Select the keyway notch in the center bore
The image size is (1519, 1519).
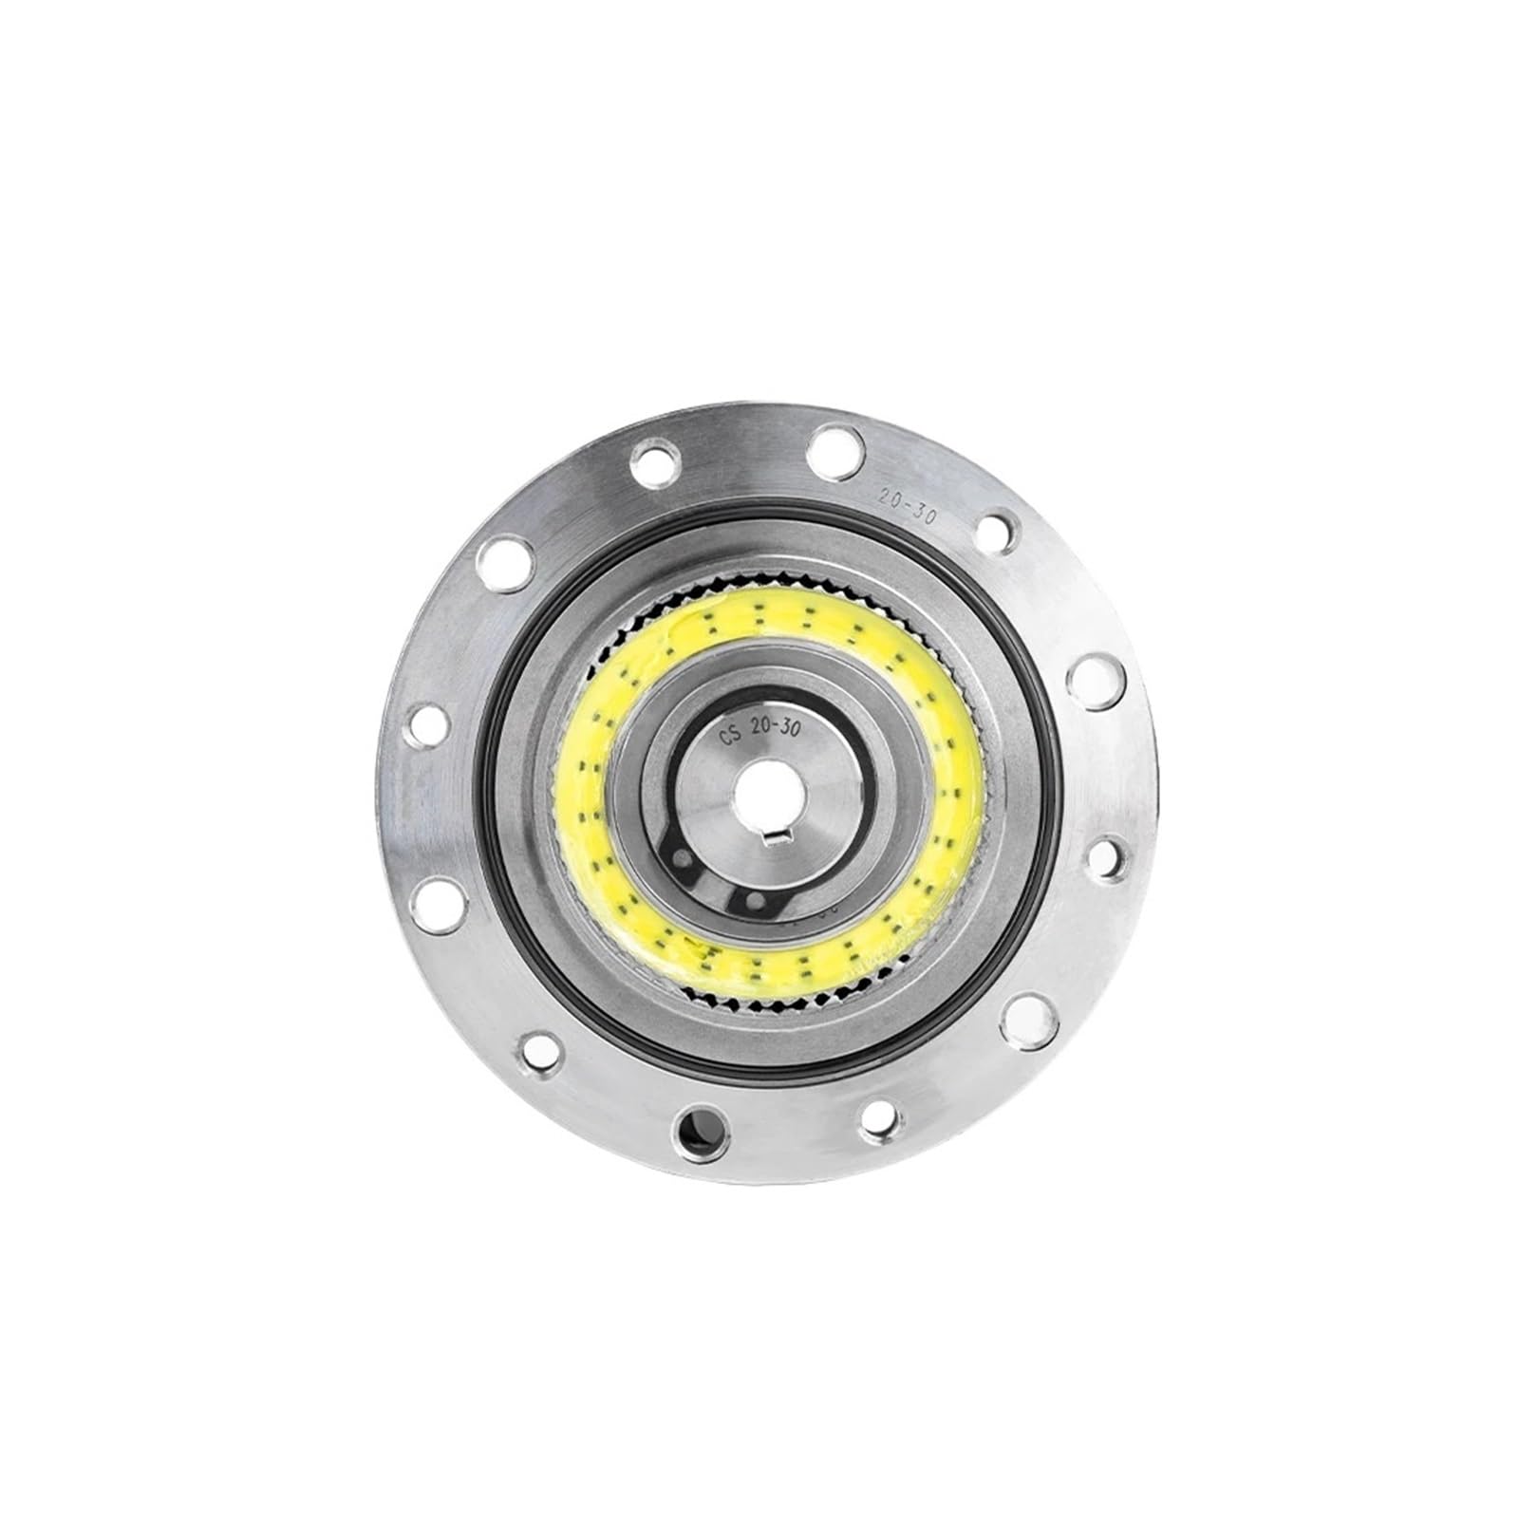tap(781, 809)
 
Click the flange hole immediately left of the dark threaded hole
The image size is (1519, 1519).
tap(540, 1048)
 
